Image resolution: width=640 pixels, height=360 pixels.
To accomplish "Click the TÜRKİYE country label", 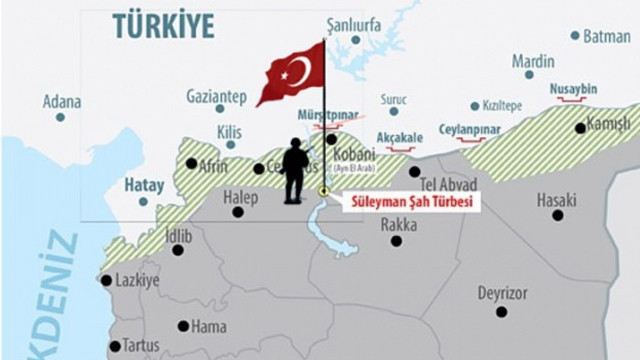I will point(163,26).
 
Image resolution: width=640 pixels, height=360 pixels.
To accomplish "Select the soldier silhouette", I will point(295,171).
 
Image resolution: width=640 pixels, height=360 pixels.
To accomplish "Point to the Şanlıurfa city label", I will point(354,24).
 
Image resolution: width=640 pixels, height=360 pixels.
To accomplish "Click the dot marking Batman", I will point(575,35).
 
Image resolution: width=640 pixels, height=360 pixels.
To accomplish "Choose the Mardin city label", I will point(533,60).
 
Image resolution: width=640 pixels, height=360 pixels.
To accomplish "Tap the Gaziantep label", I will point(216,96).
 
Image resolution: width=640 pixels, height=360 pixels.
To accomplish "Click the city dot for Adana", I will point(60,117).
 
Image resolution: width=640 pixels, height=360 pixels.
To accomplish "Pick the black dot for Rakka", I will point(397,241).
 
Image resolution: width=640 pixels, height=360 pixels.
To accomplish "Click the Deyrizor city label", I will point(502,293).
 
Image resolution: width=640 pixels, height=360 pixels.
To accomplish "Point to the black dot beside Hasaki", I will point(557,214).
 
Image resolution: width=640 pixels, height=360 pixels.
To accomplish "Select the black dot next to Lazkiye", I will point(106,280).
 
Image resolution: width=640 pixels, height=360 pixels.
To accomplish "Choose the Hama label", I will point(208,326).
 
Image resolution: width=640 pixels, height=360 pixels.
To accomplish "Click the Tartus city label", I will point(141,345).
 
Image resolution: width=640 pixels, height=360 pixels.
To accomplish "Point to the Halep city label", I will point(240,197).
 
